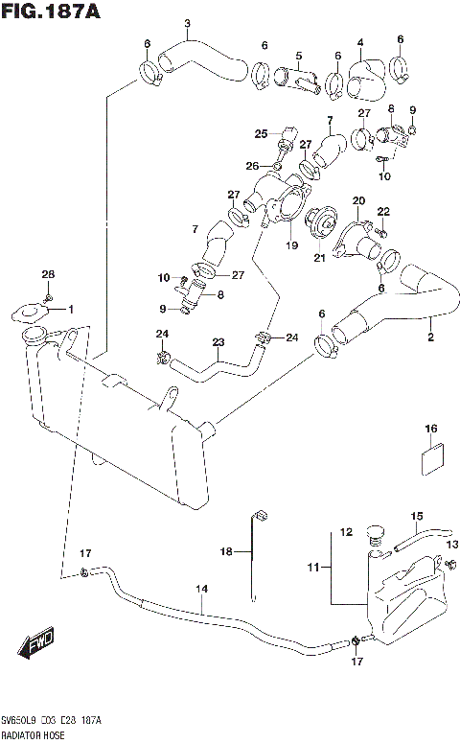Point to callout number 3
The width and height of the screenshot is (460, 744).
(x=187, y=24)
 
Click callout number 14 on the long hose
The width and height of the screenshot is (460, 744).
(x=202, y=590)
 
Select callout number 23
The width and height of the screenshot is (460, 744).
(x=218, y=342)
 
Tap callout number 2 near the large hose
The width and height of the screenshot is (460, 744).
(x=429, y=337)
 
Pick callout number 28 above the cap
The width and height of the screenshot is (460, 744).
(x=49, y=275)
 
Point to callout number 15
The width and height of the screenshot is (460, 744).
(x=417, y=517)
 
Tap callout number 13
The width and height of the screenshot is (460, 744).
(x=451, y=545)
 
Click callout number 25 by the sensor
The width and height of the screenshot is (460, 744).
(x=261, y=133)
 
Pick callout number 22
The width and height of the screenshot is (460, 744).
(x=383, y=211)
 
